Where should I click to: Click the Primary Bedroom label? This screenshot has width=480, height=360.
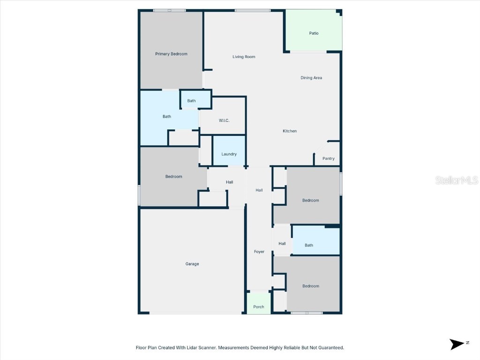[x=171, y=54]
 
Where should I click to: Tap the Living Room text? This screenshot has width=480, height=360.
[x=244, y=57]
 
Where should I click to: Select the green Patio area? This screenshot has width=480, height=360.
[x=314, y=33]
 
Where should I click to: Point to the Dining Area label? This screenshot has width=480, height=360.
[x=311, y=78]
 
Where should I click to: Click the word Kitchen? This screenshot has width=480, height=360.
[x=290, y=131]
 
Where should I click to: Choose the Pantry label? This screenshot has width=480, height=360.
[x=329, y=158]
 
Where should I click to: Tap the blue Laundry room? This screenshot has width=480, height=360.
[x=229, y=154]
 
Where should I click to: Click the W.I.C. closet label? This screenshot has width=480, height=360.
[x=224, y=120]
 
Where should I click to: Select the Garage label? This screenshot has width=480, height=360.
[x=192, y=264]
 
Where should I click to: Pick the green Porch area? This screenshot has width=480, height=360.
[x=259, y=307]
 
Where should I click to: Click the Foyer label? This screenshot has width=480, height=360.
[x=259, y=252]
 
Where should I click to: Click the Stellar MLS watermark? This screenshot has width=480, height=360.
[x=457, y=180]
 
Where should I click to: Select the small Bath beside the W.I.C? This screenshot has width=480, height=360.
[x=192, y=101]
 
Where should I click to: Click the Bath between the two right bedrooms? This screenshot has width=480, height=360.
[x=309, y=245]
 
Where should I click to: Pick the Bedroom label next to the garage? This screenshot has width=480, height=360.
[x=173, y=177]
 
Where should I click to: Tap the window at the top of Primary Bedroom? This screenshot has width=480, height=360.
[x=169, y=10]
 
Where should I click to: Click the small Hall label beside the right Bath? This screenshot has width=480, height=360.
[x=282, y=244]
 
